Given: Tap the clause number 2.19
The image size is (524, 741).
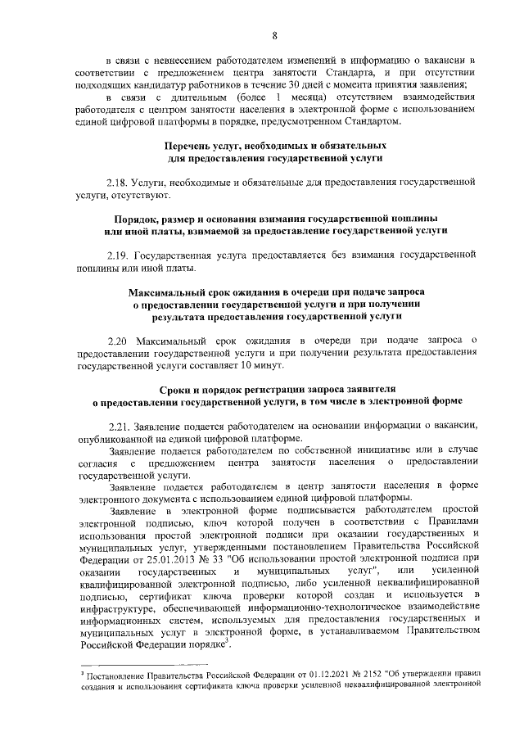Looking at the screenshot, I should [x=119, y=255].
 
